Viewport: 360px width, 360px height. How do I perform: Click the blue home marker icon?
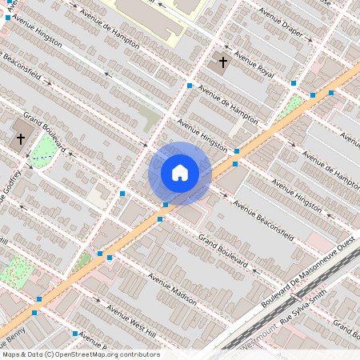coord(180,172)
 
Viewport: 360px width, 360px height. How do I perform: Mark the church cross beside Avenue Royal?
coord(223,62)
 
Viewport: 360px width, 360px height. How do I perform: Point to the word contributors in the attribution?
coord(138,354)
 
